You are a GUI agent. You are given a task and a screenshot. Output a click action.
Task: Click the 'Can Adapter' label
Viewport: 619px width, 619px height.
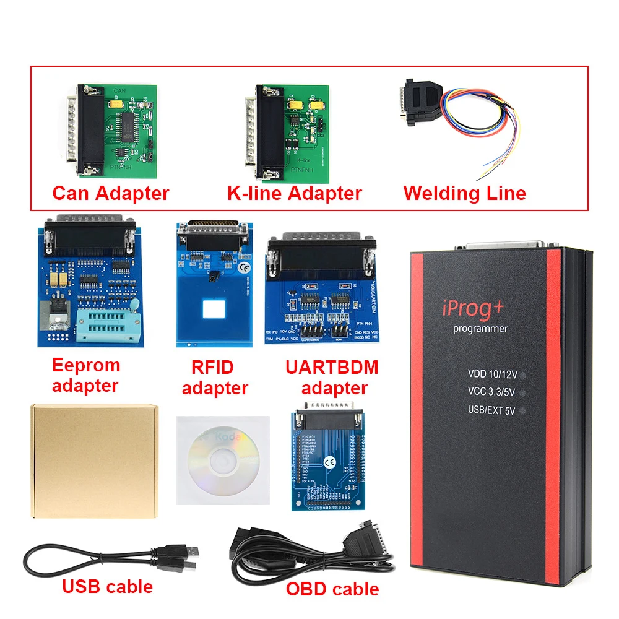tap(110, 193)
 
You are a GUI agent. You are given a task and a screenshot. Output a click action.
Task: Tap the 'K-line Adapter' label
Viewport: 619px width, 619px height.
tap(294, 193)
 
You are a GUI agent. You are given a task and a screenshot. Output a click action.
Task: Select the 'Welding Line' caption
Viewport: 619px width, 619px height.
tap(464, 193)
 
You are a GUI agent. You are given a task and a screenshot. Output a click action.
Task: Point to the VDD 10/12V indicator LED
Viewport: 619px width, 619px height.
tap(524, 374)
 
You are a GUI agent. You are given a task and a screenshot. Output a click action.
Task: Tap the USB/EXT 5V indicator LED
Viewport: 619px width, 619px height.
tap(523, 410)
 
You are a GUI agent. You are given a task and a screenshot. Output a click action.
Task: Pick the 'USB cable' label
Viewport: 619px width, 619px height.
tap(107, 586)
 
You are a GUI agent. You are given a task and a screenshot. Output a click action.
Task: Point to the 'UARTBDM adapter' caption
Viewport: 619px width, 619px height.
tap(332, 378)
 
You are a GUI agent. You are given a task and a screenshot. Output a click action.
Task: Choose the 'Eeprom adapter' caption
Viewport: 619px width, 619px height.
tap(85, 375)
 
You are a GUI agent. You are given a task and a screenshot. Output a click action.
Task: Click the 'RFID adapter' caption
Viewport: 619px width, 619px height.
tap(215, 378)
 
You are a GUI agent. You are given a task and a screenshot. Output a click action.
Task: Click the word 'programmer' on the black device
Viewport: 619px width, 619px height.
tap(480, 329)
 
